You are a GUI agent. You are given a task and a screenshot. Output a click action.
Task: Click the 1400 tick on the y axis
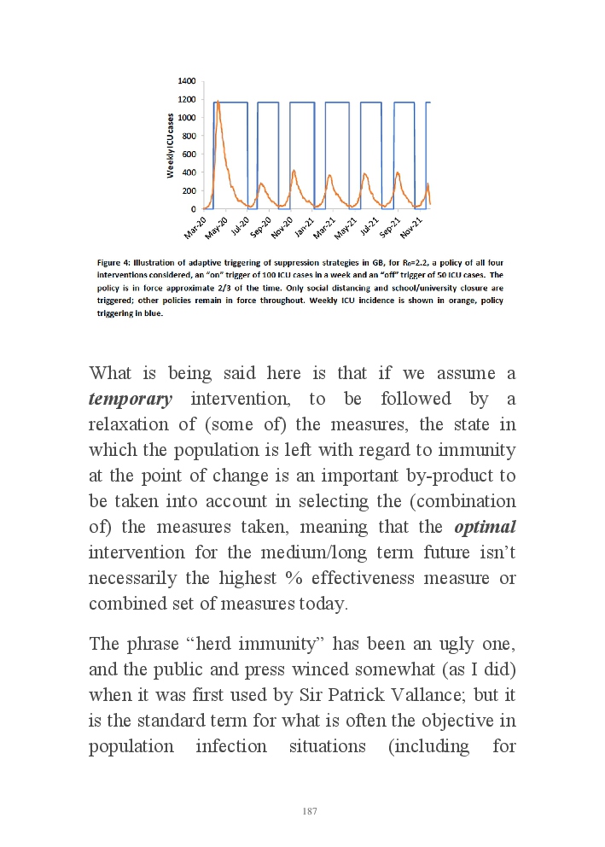[x=187, y=81]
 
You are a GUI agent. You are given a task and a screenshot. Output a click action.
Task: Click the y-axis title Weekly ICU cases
[x=172, y=145]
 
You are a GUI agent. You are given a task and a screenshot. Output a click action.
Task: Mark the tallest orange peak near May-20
[x=218, y=102]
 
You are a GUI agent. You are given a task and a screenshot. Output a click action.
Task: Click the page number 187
[x=310, y=811]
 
